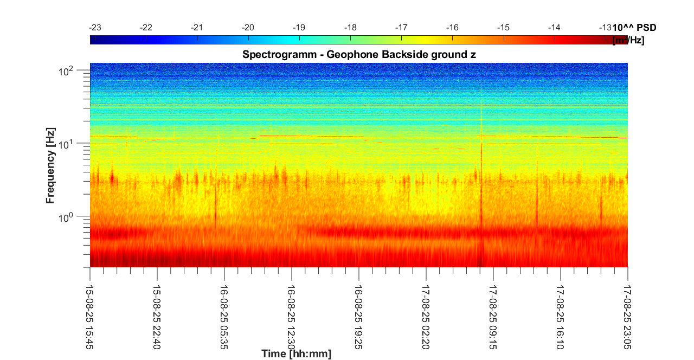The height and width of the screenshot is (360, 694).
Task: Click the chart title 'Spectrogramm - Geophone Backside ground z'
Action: (359, 55)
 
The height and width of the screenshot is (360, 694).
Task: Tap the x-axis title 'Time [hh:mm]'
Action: (296, 354)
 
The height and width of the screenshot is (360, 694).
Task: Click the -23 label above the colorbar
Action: (95, 28)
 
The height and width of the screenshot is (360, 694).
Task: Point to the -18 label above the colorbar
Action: (351, 28)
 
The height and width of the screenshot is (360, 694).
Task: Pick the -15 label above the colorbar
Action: (504, 28)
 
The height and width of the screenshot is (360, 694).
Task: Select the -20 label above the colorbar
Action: (248, 28)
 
